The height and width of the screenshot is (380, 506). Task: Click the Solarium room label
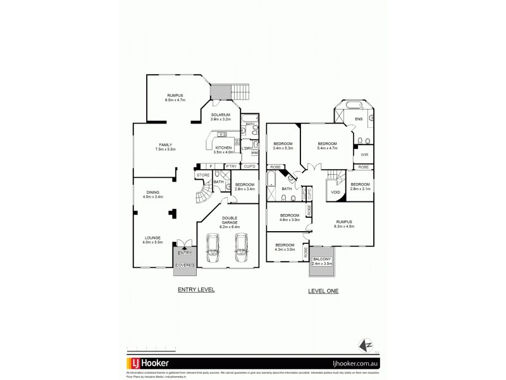(221, 117)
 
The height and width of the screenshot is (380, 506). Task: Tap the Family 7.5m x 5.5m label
(165, 146)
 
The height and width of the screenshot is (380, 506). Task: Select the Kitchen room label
(225, 150)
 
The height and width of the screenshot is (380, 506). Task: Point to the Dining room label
(152, 194)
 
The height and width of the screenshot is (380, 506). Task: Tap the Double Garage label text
(229, 222)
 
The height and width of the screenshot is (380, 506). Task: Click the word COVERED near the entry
(185, 265)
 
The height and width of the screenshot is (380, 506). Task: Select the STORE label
(203, 175)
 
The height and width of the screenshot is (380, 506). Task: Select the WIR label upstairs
(364, 155)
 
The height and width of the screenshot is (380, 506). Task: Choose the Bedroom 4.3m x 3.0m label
(285, 247)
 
